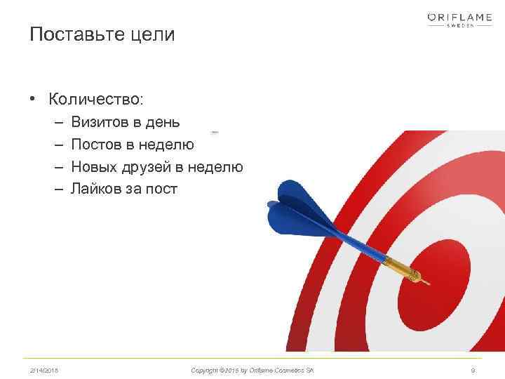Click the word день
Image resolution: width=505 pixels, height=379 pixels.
click(163, 122)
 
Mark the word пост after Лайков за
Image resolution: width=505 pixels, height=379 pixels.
click(162, 189)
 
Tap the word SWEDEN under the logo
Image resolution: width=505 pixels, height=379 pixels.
click(460, 25)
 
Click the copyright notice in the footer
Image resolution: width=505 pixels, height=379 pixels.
click(252, 369)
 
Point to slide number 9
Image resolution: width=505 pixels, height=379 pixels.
click(473, 369)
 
